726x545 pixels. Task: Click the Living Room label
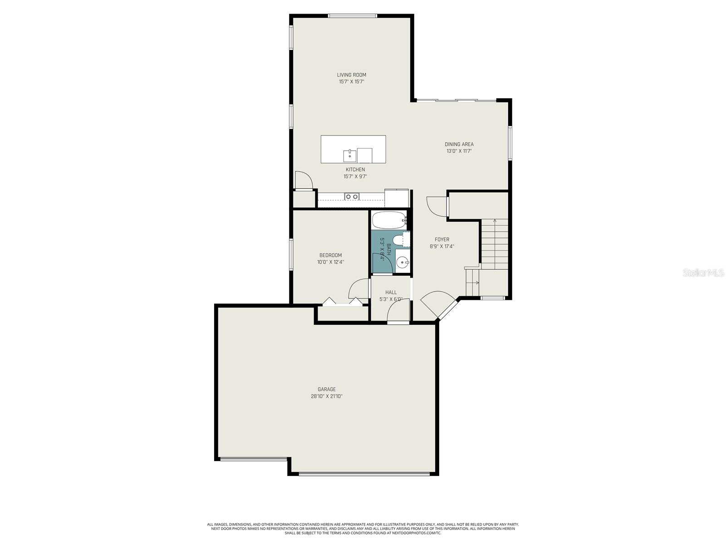pos(351,75)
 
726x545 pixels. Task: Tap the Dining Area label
pos(459,144)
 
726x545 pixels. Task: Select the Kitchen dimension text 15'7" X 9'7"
pos(355,177)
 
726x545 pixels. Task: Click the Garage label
pos(326,389)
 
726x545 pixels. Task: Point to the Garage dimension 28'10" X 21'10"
pos(326,396)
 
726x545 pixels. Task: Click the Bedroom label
pos(330,255)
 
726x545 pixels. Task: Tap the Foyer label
pos(441,239)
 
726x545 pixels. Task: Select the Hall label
pos(391,292)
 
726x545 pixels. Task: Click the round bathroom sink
pos(402,262)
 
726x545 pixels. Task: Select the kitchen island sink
pos(349,155)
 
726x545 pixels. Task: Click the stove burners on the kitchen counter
pos(352,197)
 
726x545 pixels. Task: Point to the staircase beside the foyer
pos(494,245)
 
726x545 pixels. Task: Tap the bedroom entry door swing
pos(358,289)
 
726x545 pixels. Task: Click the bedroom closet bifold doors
pos(342,302)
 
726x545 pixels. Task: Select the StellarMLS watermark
pos(704,273)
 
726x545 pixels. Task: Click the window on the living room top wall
pos(353,16)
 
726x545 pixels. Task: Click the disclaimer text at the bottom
pos(363,528)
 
